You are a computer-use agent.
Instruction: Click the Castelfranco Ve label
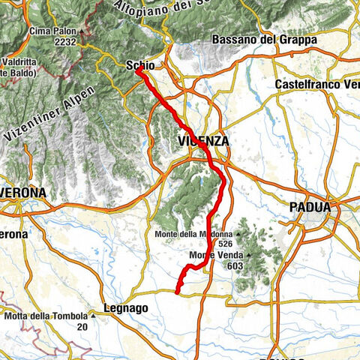click(317, 84)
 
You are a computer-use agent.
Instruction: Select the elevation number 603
click(242, 265)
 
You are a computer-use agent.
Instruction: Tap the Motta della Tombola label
click(46, 316)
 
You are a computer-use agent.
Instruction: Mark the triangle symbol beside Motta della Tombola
click(92, 316)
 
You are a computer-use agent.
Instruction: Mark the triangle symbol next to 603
click(249, 256)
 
